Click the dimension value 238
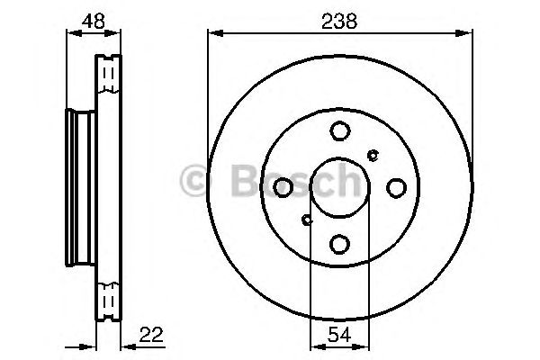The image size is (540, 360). click(339, 21)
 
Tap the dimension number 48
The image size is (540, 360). click(93, 21)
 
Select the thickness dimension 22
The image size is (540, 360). click(151, 334)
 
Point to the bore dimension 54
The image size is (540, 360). click(339, 334)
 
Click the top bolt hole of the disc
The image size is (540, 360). click(340, 130)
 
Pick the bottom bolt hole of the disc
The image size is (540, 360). click(340, 244)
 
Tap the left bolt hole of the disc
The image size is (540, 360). click(283, 187)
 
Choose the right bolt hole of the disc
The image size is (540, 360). click(396, 188)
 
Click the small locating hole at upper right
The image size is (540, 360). click(373, 156)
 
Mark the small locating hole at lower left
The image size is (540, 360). click(307, 220)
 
